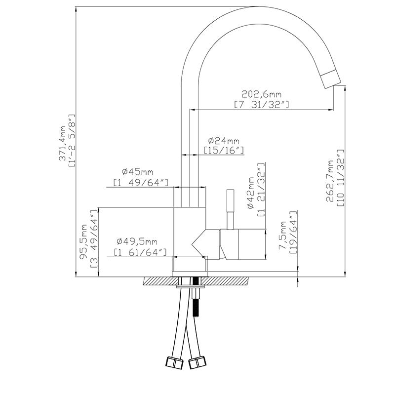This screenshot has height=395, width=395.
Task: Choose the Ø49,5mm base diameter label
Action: point(137,241)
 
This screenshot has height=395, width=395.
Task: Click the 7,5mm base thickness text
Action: point(283,236)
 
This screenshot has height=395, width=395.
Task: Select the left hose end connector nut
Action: point(173,362)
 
